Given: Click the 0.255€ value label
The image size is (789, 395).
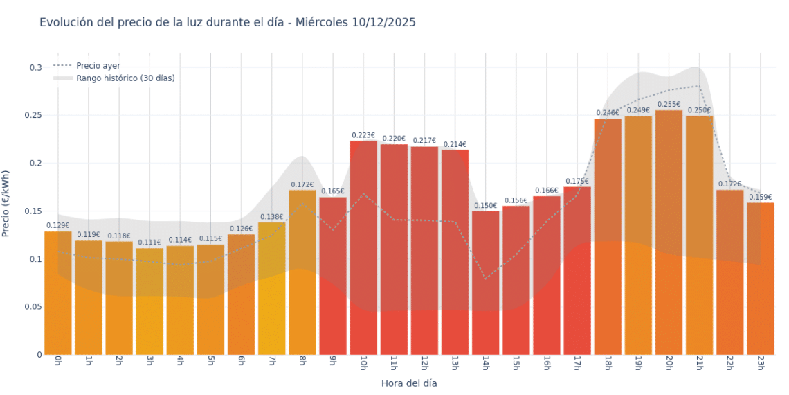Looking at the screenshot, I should tap(669, 105).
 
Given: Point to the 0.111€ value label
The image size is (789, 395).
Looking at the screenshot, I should tap(149, 243).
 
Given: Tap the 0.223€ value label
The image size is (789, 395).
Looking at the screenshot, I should tap(363, 135).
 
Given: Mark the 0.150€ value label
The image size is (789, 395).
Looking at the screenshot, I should tap(485, 206).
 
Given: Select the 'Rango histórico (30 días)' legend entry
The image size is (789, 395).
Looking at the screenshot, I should tap(125, 78).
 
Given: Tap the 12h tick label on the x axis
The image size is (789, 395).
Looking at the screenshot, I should tap(424, 363).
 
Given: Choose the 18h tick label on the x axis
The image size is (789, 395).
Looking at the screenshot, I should tap(607, 363).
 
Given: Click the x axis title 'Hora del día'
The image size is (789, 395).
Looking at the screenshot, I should tap(409, 383).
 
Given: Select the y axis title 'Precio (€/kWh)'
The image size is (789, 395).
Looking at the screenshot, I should tap(7, 204).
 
